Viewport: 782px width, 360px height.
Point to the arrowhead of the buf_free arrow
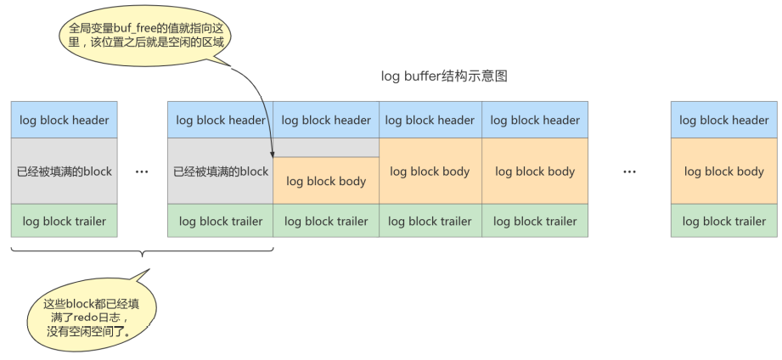click(x=272, y=155)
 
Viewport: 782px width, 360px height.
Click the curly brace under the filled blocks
click(x=142, y=251)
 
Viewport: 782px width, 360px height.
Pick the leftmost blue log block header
click(x=64, y=120)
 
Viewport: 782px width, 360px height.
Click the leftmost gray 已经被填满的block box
click(x=64, y=171)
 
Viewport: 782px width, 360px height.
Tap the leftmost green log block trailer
click(x=64, y=221)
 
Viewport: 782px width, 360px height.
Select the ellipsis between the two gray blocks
click(x=142, y=172)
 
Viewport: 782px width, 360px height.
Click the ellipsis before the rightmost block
click(x=629, y=172)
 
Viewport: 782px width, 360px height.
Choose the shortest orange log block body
click(x=326, y=181)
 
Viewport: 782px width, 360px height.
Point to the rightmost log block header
click(x=724, y=120)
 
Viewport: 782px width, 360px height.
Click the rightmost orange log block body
click(x=724, y=171)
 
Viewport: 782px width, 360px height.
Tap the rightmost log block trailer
click(x=724, y=221)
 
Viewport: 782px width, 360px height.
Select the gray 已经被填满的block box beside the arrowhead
click(x=220, y=171)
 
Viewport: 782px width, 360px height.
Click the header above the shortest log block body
click(x=326, y=120)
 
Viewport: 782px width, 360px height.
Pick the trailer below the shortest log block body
click(x=326, y=221)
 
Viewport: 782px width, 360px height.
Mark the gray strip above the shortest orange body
click(x=326, y=148)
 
